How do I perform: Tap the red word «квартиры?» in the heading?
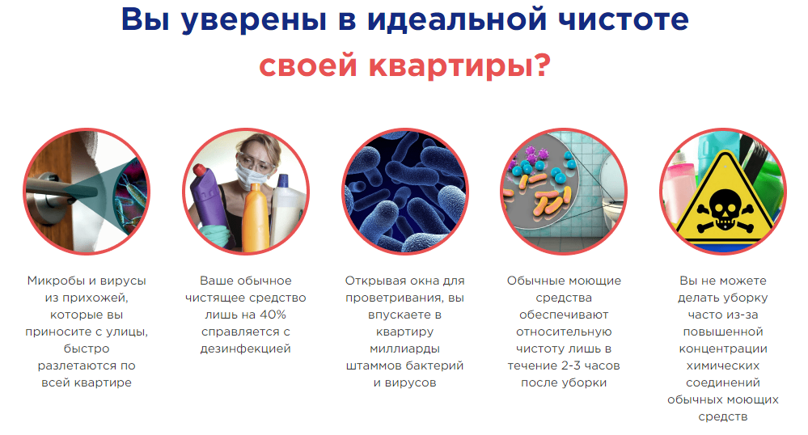[459, 66]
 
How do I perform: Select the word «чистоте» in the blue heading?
[624, 19]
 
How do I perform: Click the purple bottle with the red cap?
[208, 199]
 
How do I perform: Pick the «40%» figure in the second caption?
[273, 315]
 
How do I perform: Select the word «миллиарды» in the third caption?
[405, 349]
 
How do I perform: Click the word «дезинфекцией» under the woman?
[245, 349]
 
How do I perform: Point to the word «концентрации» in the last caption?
[723, 349]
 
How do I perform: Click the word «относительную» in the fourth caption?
[564, 332]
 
